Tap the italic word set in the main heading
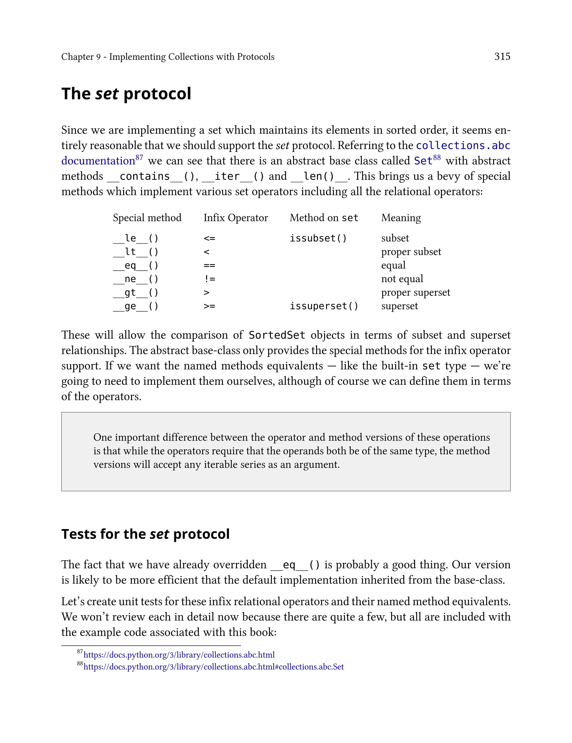click(107, 94)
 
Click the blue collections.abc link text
click(463, 146)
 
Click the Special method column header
click(147, 218)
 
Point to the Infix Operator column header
click(236, 218)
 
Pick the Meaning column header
click(401, 218)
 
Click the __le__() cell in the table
click(135, 238)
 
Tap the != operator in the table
click(209, 279)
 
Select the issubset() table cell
click(318, 238)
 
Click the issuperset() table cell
click(324, 306)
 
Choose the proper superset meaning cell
click(415, 292)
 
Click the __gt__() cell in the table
click(135, 292)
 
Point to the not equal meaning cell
click(402, 279)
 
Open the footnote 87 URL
click(179, 655)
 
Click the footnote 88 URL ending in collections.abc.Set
click(213, 667)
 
